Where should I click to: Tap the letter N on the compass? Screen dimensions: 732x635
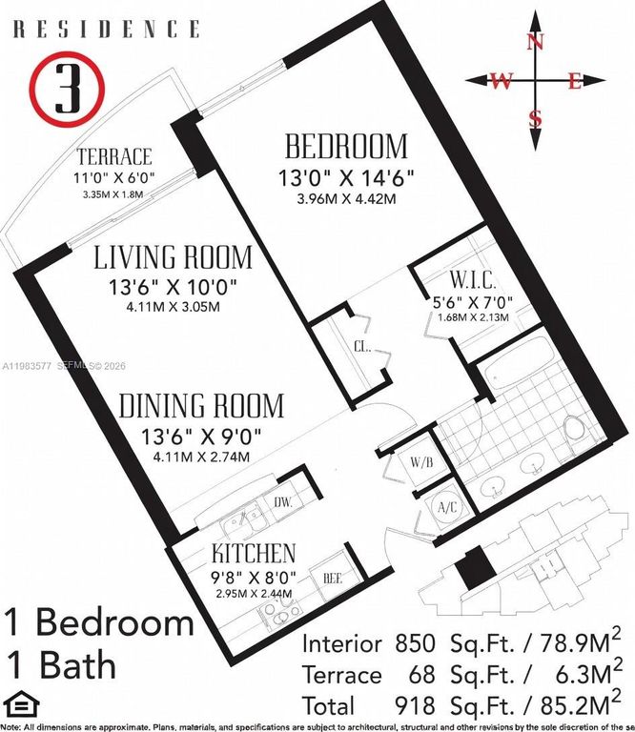[536, 41]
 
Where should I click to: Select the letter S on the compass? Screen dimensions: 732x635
[536, 119]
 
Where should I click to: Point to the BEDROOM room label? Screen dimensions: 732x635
[346, 147]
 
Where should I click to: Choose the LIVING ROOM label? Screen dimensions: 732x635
[173, 257]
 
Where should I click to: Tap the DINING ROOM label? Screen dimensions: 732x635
[201, 407]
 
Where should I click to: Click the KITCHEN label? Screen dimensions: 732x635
[253, 553]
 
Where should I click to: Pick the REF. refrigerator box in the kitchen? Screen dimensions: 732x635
[333, 577]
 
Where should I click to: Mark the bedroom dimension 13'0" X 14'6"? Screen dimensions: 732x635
[346, 178]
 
